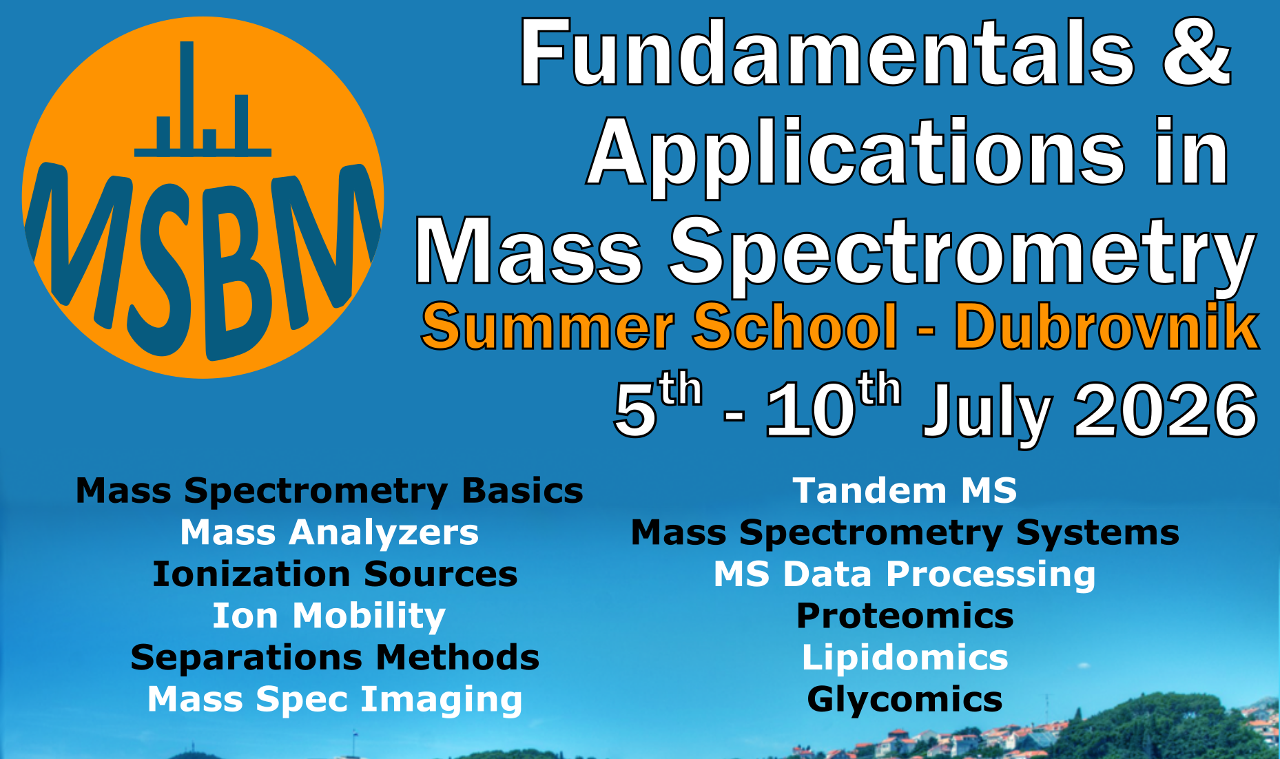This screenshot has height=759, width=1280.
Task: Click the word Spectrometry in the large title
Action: coord(962,251)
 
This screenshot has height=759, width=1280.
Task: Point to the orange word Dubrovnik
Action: coord(1106,328)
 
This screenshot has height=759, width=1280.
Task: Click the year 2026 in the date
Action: coord(1165,411)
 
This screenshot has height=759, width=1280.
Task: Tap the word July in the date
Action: coord(987,411)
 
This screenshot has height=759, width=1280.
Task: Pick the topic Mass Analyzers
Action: coord(329,532)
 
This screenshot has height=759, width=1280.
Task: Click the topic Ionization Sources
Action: coord(335,574)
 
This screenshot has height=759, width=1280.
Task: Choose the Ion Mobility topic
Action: coord(329,616)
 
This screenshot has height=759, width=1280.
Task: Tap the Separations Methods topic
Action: coord(335,658)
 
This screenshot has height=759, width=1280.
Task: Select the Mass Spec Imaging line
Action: coord(335,700)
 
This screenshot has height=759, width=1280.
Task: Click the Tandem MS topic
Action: coord(905,491)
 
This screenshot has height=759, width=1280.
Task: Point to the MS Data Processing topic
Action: coord(904,574)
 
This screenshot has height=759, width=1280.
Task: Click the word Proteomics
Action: coord(905,616)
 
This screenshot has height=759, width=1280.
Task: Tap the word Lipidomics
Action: coord(905,658)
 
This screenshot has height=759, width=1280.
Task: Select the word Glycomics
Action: coord(905,700)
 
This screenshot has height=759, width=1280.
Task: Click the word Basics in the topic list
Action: coord(522,491)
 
